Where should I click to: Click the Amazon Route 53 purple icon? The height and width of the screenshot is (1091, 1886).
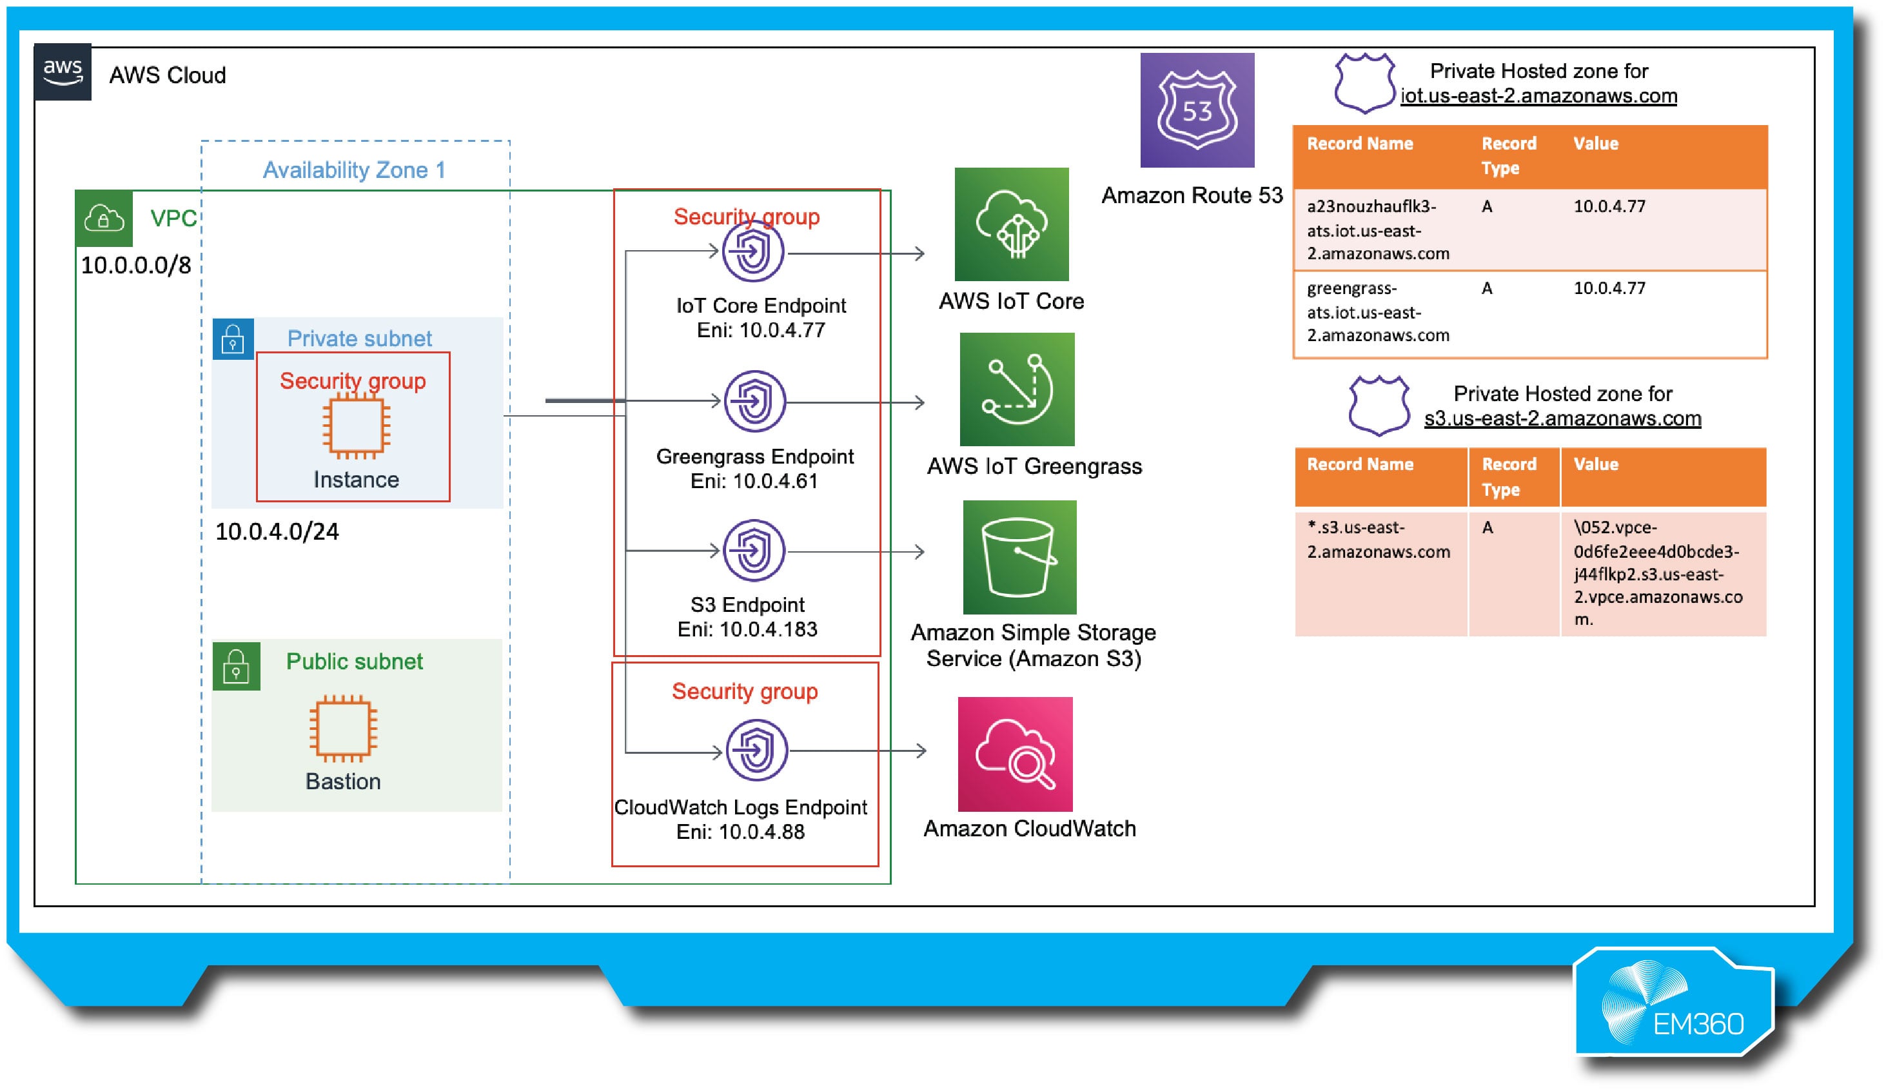pos(1197,110)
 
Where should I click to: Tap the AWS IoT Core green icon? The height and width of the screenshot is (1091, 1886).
pos(1011,224)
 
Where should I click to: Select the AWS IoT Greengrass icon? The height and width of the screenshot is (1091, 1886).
pos(1016,389)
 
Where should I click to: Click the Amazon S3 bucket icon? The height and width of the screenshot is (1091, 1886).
pos(1019,558)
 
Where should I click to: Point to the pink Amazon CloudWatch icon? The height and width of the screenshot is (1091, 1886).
pos(1015,754)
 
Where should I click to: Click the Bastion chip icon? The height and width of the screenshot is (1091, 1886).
pos(344,727)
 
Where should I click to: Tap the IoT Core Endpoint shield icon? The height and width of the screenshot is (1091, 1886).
pos(753,251)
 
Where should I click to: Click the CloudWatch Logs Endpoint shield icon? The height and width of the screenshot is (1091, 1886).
pos(756,751)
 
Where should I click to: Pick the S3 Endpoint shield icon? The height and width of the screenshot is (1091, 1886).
pos(754,551)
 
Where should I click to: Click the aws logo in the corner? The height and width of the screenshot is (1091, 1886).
pos(63,72)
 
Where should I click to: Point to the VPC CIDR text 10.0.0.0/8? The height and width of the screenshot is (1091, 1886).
pos(135,265)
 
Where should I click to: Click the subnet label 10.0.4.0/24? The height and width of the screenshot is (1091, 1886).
pos(277,531)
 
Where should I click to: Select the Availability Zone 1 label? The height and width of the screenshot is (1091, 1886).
pos(353,170)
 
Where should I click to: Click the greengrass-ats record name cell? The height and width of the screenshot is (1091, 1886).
pos(1377,312)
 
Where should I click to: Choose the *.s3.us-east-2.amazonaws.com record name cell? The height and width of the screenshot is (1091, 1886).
pos(1378,540)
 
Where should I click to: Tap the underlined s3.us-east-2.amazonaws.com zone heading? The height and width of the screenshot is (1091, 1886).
pos(1562,418)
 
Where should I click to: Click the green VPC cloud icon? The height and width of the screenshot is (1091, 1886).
pos(104,219)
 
